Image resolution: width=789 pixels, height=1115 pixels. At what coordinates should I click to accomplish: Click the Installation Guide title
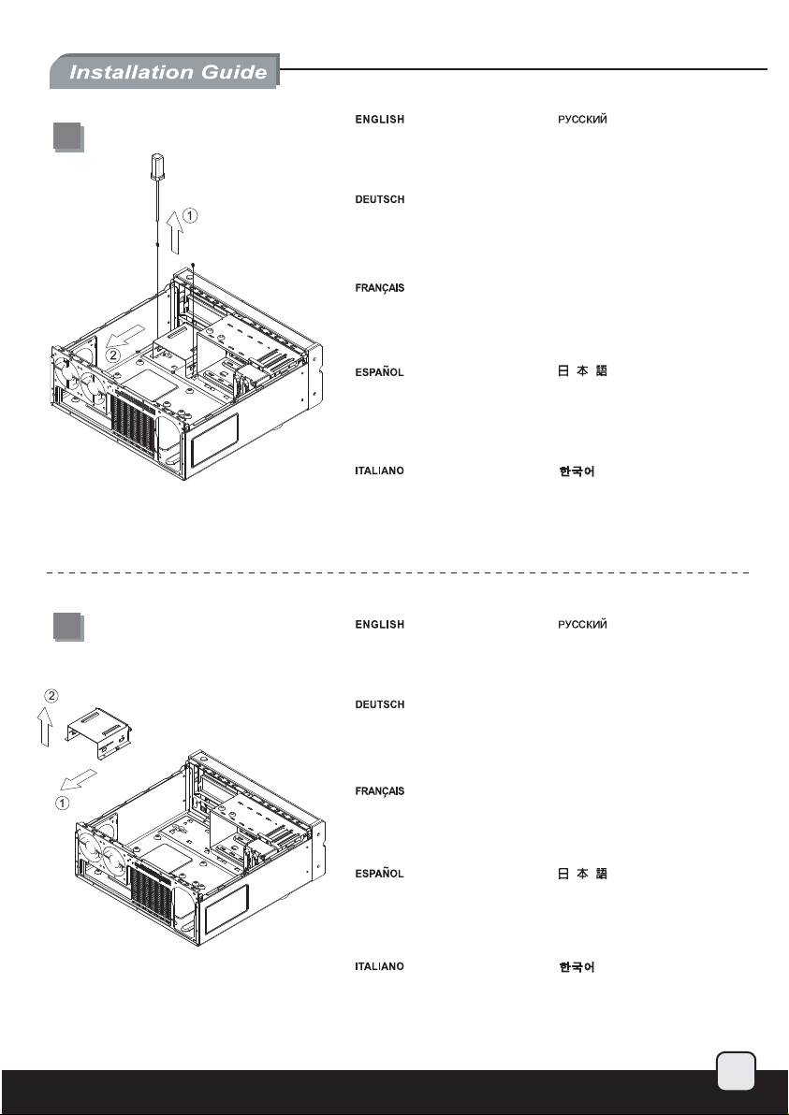tap(165, 72)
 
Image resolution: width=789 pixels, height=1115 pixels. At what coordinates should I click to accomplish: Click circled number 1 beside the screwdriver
tap(190, 215)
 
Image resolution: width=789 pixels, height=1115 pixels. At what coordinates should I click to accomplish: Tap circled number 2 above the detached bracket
tap(52, 695)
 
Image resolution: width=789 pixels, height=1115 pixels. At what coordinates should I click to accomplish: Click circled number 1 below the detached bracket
tap(60, 801)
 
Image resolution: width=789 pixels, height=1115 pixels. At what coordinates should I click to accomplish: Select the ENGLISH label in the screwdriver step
tap(379, 120)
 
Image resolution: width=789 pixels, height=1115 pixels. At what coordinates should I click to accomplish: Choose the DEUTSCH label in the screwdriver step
tap(379, 199)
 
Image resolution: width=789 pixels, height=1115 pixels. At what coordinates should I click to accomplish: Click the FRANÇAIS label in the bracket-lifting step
tap(379, 791)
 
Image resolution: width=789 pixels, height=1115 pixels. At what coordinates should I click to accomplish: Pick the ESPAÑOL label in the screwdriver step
tap(379, 372)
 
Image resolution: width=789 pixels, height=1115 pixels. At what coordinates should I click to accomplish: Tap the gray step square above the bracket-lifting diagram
tap(66, 626)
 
